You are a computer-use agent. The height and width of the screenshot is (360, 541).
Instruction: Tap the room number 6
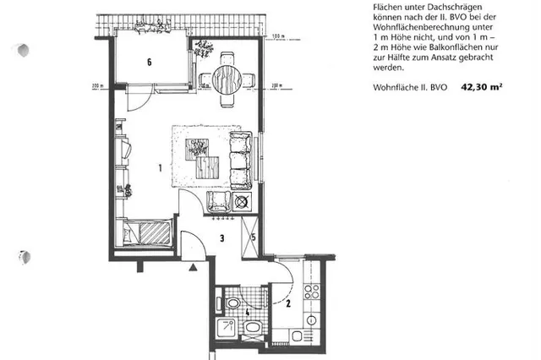(149, 62)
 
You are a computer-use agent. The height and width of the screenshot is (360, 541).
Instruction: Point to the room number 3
(221, 239)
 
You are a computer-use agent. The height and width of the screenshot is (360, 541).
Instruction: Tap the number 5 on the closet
(254, 235)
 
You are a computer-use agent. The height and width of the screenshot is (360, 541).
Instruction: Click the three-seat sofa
(240, 160)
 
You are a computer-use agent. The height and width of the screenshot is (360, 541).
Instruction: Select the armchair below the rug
(219, 202)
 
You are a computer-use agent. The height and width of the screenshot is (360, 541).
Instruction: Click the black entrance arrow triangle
(194, 267)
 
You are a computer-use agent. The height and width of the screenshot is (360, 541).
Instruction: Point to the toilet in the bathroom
(231, 303)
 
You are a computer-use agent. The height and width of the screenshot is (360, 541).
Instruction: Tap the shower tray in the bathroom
(229, 329)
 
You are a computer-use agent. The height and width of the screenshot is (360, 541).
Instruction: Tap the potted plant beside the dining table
(204, 49)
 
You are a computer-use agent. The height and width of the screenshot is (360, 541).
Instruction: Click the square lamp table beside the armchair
(243, 202)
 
